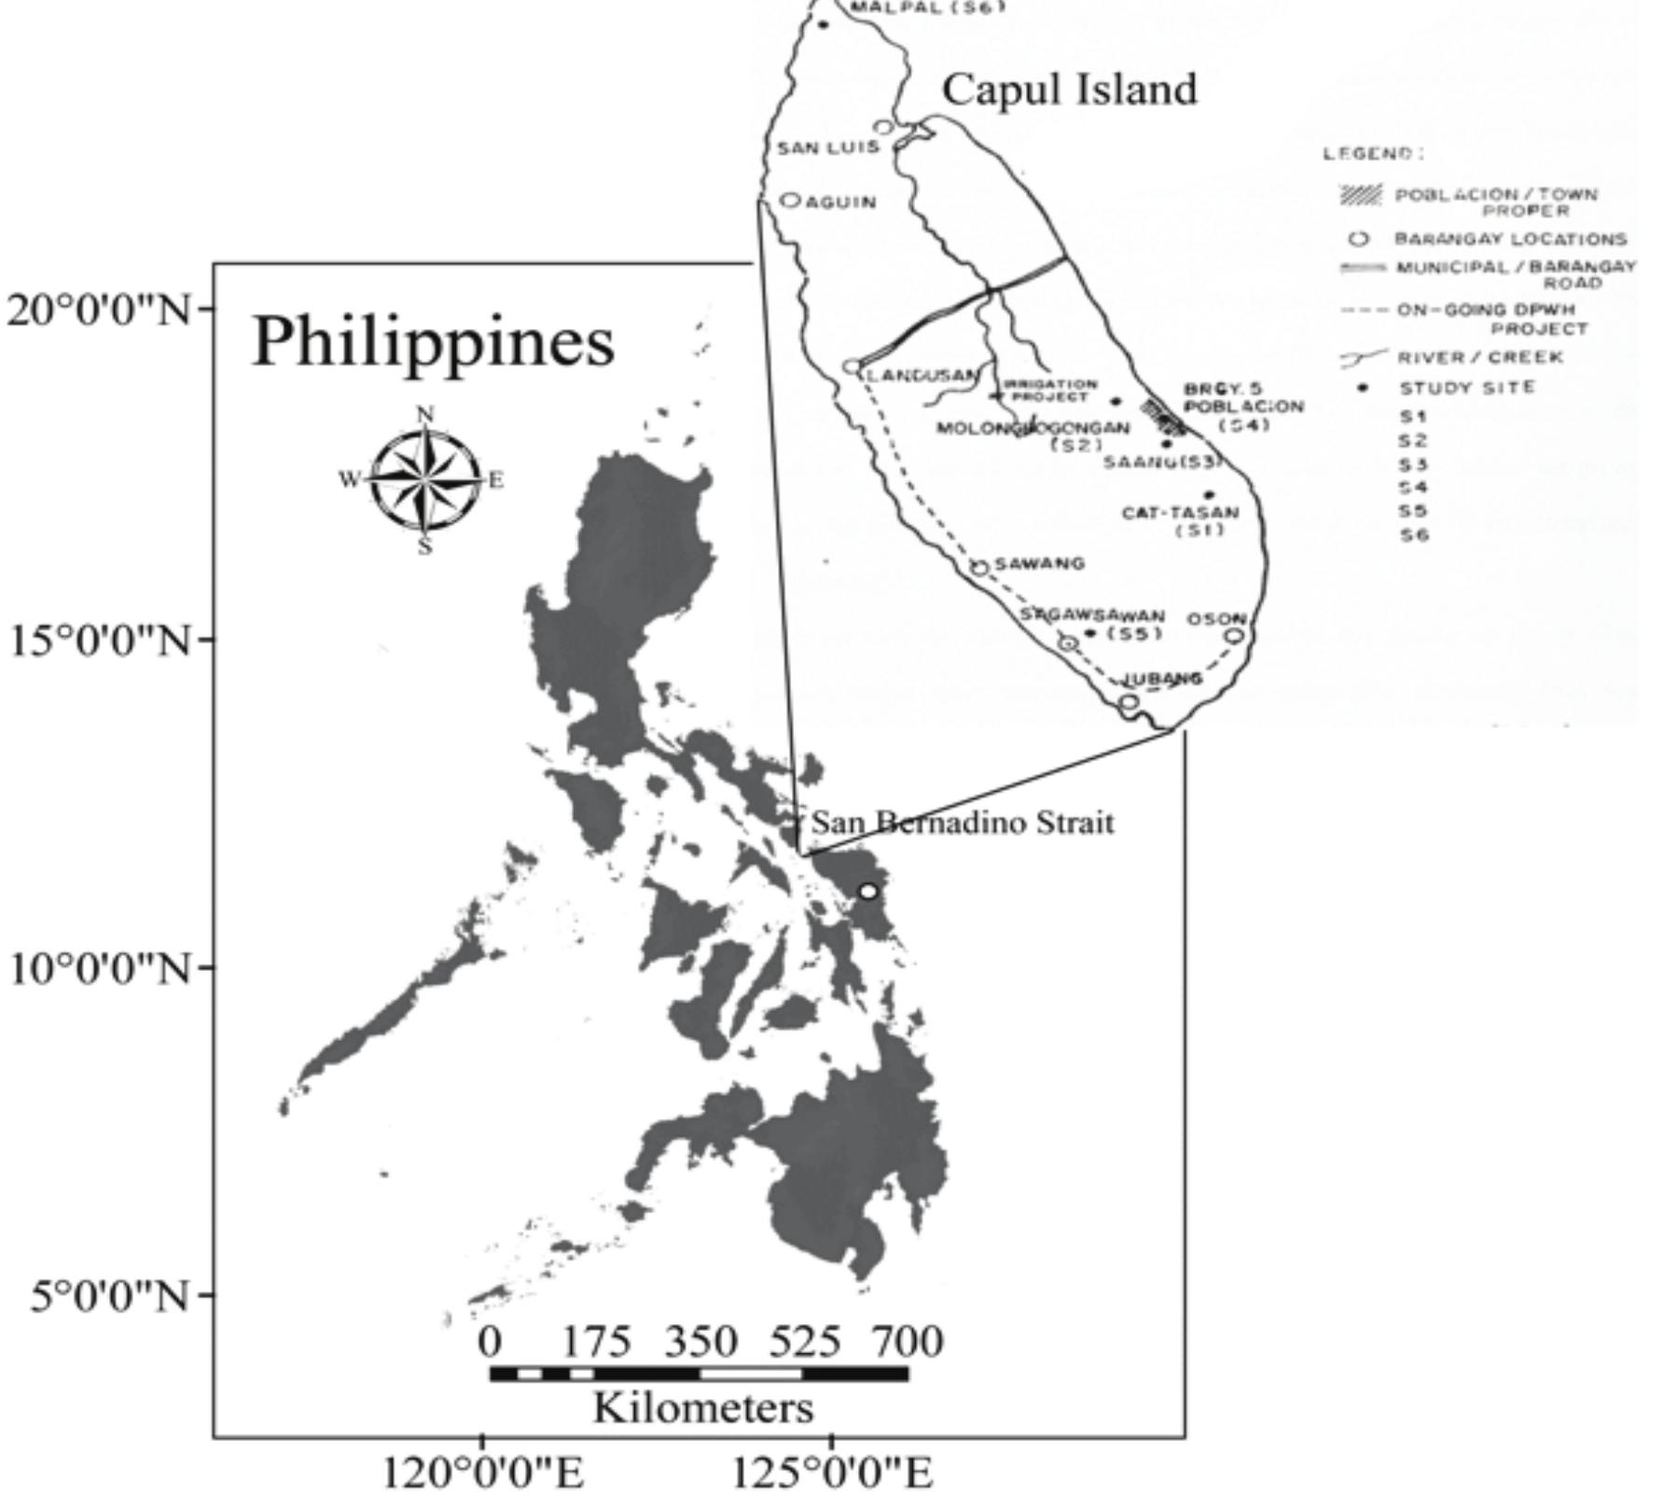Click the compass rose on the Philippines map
425,479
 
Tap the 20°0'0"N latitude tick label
97,309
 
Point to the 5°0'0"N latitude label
109,1295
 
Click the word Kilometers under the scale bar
703,1407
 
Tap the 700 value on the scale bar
908,1342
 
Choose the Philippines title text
433,341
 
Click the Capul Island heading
1069,90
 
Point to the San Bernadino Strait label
963,823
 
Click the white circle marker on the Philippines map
868,892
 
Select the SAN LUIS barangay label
828,147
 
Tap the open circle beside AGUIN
791,200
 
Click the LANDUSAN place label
922,375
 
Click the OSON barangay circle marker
1234,636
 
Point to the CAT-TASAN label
1180,513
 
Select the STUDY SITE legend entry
1466,387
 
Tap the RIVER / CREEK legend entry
1479,357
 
